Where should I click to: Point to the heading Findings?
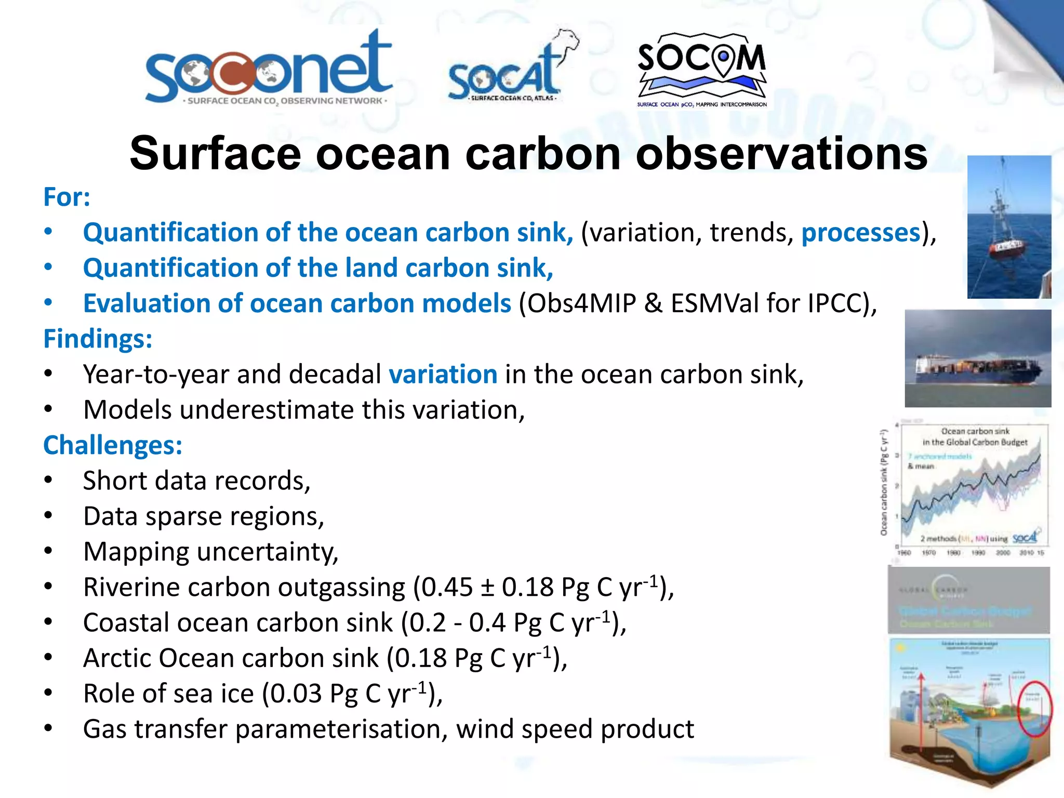point(98,339)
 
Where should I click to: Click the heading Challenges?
point(113,445)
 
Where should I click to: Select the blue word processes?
point(861,232)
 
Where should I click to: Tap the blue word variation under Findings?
point(443,374)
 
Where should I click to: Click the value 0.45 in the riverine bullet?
point(447,588)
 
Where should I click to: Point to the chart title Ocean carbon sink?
point(975,431)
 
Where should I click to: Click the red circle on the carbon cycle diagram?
point(1034,709)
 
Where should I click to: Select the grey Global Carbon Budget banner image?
point(968,601)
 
